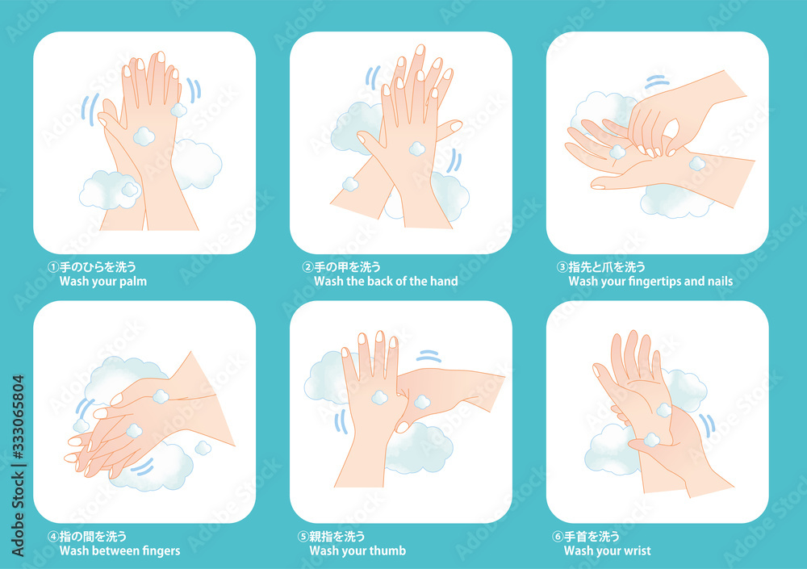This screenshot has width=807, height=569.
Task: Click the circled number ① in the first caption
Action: point(53,266)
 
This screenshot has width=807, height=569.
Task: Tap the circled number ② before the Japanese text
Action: point(307,266)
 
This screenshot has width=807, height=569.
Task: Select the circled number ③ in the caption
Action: point(562,266)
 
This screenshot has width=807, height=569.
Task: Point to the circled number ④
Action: point(53,537)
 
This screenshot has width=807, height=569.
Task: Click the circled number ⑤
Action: point(303,537)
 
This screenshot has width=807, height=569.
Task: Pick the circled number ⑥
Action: point(558,537)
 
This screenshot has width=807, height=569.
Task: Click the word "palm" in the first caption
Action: point(133,282)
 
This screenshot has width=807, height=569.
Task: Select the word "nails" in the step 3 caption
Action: point(720,281)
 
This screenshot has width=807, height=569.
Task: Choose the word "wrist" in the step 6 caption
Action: point(637,550)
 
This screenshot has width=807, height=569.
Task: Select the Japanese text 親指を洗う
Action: point(337,537)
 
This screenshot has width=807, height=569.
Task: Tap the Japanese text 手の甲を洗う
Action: point(347,266)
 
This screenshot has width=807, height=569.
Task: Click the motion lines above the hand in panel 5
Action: point(429,356)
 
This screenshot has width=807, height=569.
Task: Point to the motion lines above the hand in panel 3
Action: point(657,82)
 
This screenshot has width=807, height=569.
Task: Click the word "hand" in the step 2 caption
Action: point(444,281)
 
